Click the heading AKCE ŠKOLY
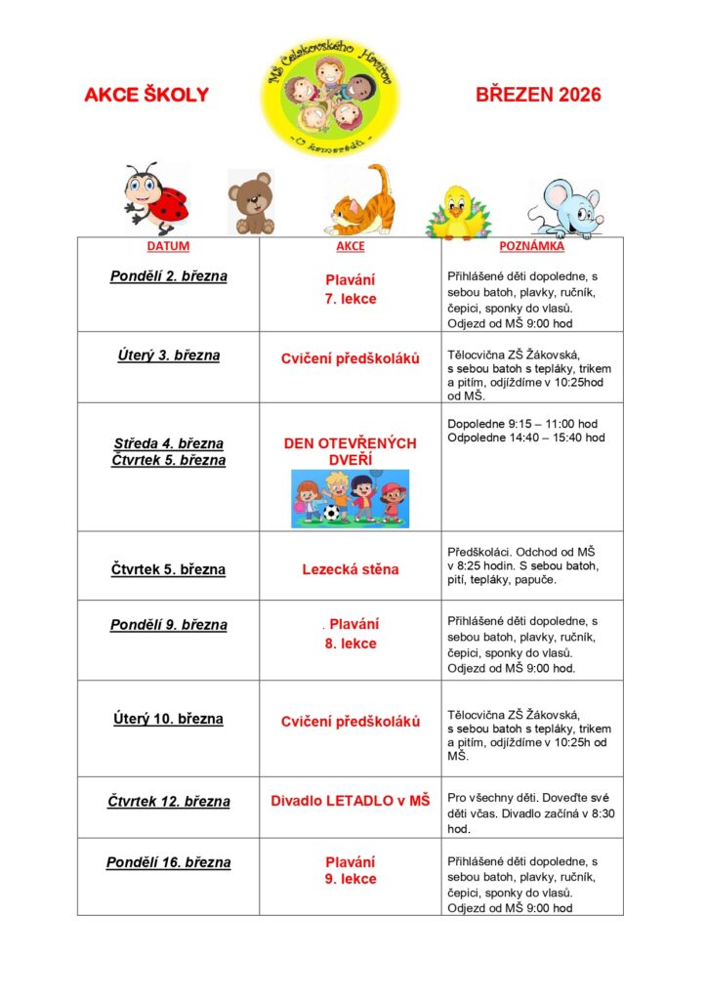pyautogui.click(x=146, y=95)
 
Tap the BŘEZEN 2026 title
pyautogui.click(x=538, y=95)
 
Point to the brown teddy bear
pyautogui.click(x=251, y=202)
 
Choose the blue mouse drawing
pyautogui.click(x=565, y=208)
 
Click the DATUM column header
pyautogui.click(x=168, y=246)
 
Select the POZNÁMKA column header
pyautogui.click(x=532, y=246)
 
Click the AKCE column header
pyautogui.click(x=350, y=246)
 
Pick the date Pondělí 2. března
pyautogui.click(x=168, y=276)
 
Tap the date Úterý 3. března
pyautogui.click(x=168, y=355)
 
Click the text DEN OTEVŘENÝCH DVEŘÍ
pyautogui.click(x=350, y=451)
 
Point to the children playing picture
pyautogui.click(x=350, y=498)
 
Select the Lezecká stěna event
pyautogui.click(x=350, y=569)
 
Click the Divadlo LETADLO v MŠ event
pyautogui.click(x=350, y=801)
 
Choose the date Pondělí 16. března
pyautogui.click(x=168, y=863)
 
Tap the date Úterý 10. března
pyautogui.click(x=168, y=720)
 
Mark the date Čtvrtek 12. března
pyautogui.click(x=168, y=802)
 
